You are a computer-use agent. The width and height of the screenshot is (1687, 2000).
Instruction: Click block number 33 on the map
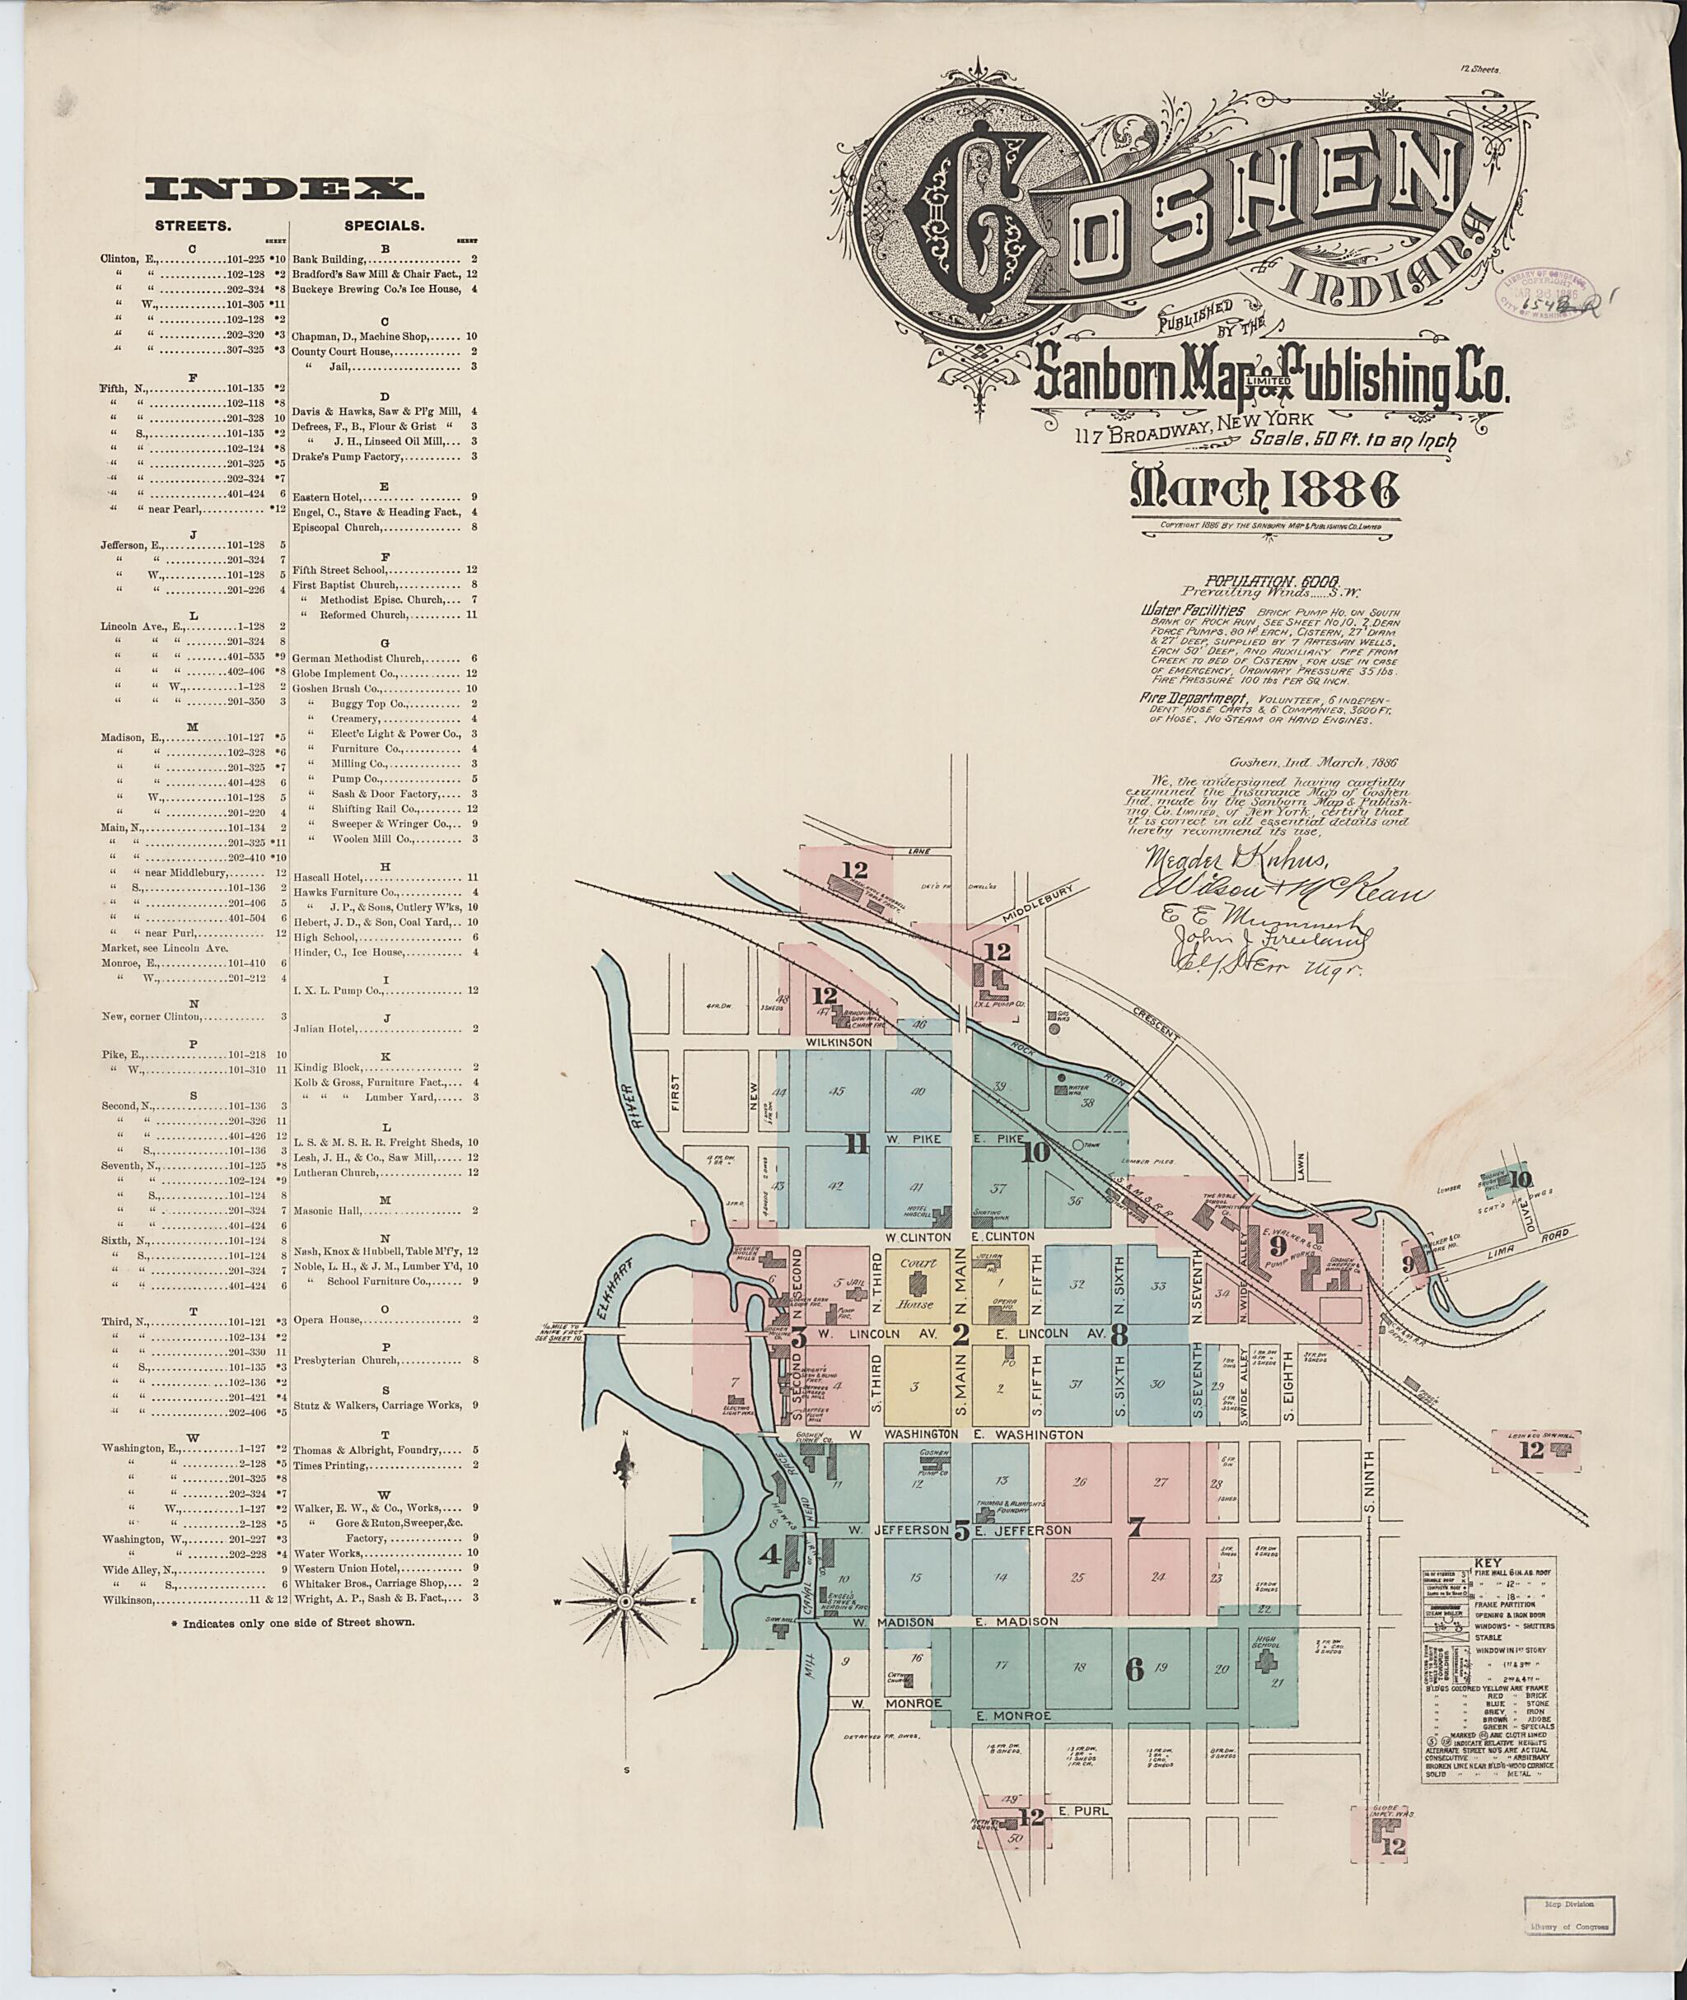coord(1160,1286)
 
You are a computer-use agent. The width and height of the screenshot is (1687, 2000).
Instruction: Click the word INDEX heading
coord(284,190)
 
